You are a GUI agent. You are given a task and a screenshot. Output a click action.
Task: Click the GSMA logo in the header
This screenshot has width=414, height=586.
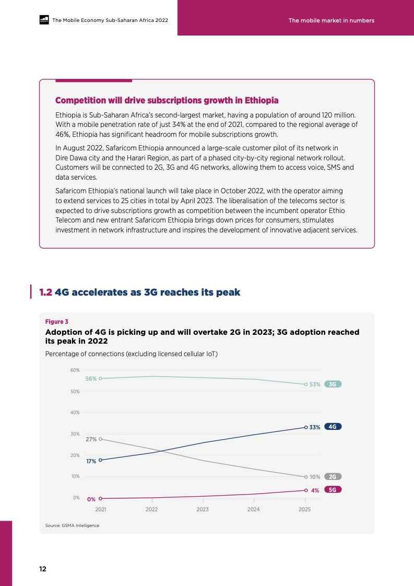point(44,20)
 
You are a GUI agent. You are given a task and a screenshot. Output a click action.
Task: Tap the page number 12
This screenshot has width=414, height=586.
point(43,569)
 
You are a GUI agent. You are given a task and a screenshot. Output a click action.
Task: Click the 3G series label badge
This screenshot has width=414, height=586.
point(333,384)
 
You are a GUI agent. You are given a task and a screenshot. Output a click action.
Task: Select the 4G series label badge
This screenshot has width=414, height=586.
point(333,426)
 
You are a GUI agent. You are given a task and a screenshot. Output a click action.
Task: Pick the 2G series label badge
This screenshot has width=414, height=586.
point(333,476)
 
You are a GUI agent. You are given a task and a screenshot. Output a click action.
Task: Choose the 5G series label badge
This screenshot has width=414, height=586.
point(333,489)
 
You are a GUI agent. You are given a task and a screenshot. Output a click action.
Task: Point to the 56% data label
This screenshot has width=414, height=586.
point(91,379)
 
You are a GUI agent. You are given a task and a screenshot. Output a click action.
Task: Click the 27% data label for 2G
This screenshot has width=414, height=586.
point(91,439)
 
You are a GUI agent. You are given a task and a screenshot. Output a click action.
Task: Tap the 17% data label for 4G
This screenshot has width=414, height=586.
point(91,461)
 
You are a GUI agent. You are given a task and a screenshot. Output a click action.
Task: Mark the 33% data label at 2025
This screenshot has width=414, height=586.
point(315,427)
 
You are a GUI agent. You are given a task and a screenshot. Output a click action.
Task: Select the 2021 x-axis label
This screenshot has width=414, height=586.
point(101,509)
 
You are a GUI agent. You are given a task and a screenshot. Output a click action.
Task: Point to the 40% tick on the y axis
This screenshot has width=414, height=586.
point(75,413)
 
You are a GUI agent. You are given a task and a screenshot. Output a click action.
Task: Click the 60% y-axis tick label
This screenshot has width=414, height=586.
point(75,370)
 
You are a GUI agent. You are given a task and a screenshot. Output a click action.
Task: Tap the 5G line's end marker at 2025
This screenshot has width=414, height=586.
point(305,490)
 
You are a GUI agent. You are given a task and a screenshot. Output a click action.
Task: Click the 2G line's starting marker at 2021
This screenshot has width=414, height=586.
point(100,439)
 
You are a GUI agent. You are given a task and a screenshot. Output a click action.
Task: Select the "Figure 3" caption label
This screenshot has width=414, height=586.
point(57,321)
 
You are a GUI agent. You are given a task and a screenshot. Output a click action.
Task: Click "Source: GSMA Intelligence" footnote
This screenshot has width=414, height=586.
point(72,525)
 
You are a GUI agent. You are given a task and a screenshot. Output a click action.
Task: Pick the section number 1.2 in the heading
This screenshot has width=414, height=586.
point(45,292)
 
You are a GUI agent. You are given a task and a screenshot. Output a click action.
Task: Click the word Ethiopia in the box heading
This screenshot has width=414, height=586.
point(262,100)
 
